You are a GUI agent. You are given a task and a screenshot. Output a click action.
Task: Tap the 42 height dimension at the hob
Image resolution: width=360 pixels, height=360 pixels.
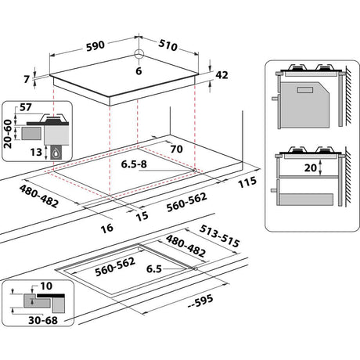pos(221,75)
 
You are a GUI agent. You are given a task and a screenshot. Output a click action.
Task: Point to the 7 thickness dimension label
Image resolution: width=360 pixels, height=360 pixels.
pos(27,79)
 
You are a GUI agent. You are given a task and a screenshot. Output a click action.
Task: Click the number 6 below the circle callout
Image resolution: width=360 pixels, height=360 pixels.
pos(139,71)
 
